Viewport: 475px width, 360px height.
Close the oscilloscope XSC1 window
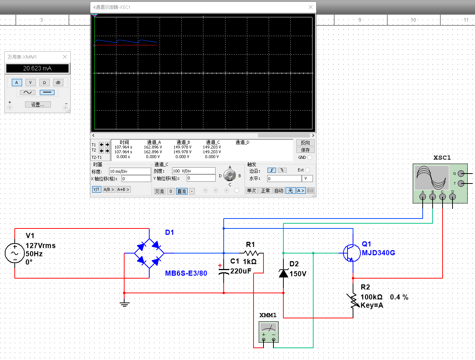tap(311, 7)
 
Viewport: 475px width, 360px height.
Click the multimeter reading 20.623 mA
tap(37, 69)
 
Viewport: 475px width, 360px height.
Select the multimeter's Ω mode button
tap(44, 83)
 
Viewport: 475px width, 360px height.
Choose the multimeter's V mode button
tap(30, 83)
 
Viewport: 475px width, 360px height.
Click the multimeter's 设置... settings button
tap(38, 105)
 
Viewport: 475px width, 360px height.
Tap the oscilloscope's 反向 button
tap(305, 143)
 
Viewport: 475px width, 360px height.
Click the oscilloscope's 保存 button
tap(305, 150)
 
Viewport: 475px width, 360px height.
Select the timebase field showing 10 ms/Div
tap(130, 171)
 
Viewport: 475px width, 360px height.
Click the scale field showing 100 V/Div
tap(194, 171)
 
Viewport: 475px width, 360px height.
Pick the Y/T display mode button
tap(97, 189)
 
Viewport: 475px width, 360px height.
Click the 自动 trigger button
tap(279, 191)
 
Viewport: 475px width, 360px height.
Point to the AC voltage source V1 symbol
tap(14, 253)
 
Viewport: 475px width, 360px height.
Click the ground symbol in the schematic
tap(125, 304)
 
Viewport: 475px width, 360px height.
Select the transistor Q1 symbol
tap(352, 253)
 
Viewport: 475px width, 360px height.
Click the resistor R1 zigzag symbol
tap(251, 253)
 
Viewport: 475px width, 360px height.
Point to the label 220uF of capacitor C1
tap(241, 271)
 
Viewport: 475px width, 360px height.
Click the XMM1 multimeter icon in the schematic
tap(269, 332)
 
